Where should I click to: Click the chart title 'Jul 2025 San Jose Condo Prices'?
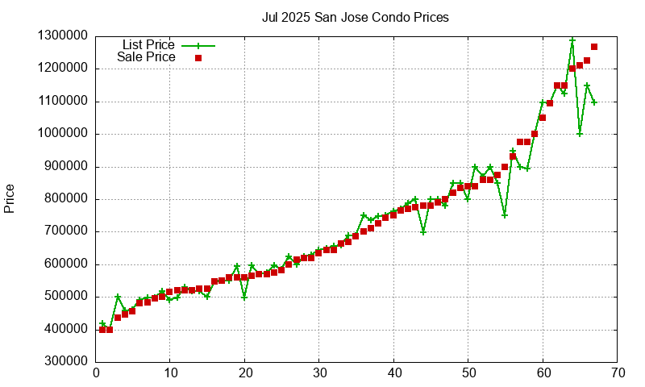point(356,17)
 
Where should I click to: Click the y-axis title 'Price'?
point(10,198)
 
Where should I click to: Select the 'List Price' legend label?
point(148,44)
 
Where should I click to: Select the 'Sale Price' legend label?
point(146,57)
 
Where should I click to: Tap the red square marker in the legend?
point(198,57)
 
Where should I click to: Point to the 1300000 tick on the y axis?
point(64,36)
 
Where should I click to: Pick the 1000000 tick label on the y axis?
point(64,134)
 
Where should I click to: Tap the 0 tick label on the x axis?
point(95,373)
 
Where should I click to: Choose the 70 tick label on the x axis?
point(618,373)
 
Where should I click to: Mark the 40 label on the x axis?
point(393,373)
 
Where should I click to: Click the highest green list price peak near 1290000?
point(572,40)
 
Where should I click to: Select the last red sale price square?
point(594,47)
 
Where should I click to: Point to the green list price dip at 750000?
point(505,215)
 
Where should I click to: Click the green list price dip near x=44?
point(423,231)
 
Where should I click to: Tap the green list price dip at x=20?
point(244,297)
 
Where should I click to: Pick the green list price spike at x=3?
point(118,297)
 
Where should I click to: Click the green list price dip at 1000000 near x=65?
point(580,134)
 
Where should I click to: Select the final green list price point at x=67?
point(594,102)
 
